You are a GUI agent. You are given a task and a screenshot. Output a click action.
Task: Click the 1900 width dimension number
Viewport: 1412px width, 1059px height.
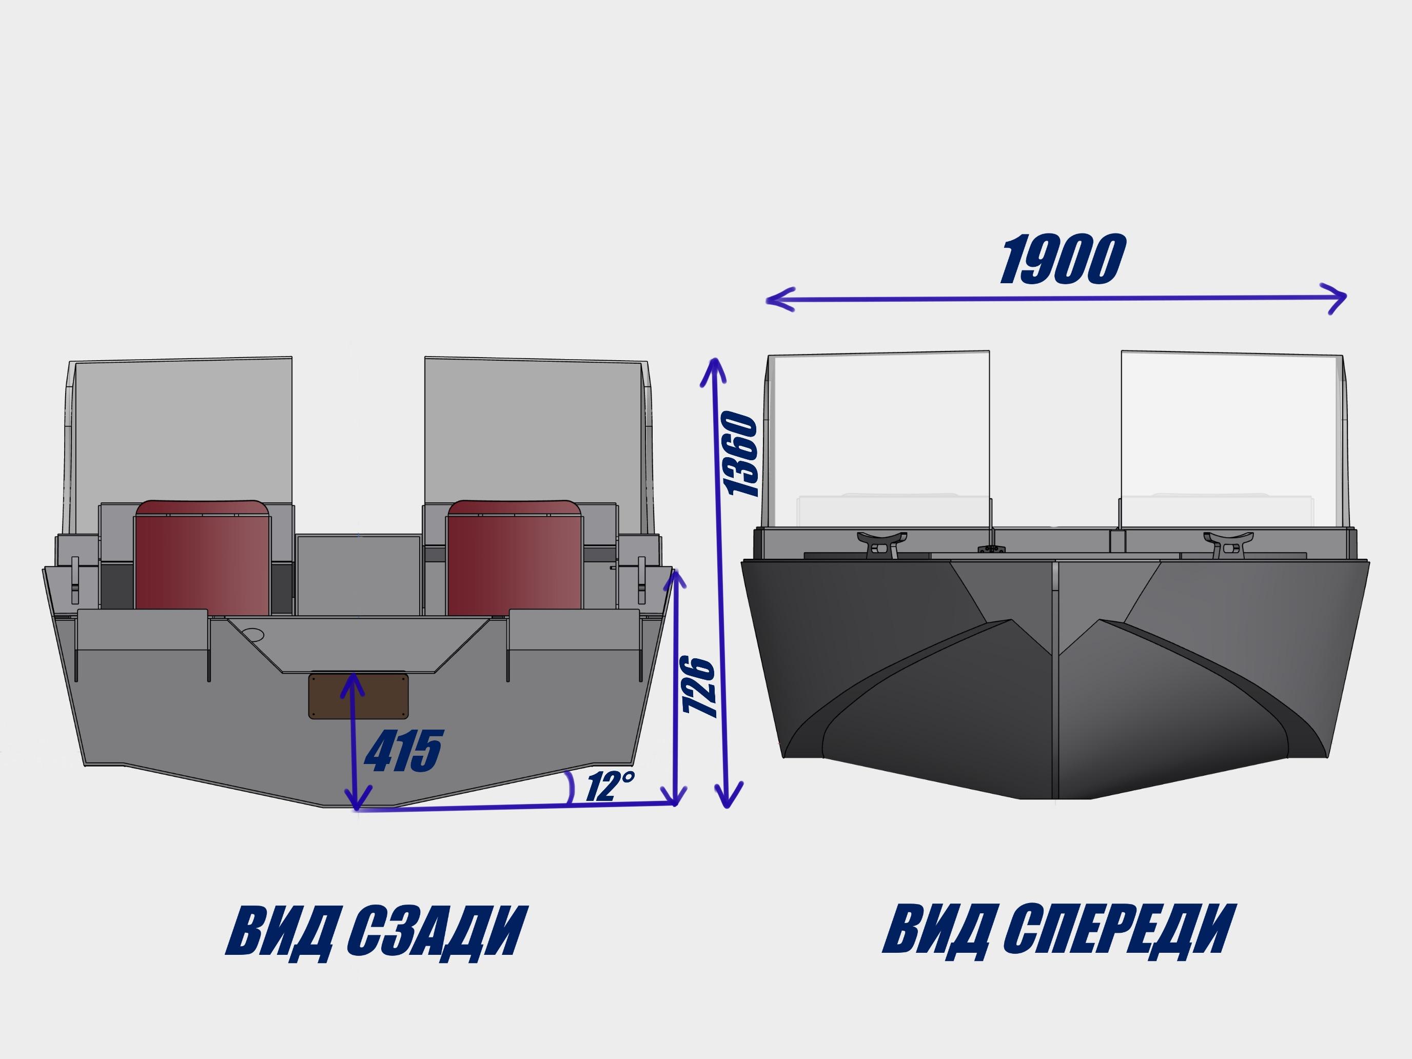click(1062, 259)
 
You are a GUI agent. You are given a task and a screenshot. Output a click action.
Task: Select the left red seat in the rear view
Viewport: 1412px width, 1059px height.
click(202, 557)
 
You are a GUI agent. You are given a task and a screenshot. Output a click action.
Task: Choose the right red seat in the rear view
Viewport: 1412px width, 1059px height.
click(515, 557)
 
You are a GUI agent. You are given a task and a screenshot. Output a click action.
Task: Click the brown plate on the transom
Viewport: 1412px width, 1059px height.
click(358, 696)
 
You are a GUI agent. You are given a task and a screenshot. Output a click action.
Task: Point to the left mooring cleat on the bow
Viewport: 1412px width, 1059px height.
click(881, 544)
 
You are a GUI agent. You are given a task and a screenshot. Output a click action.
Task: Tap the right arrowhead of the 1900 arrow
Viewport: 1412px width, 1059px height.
click(1339, 298)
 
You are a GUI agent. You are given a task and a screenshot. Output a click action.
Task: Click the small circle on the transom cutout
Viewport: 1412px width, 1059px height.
click(253, 635)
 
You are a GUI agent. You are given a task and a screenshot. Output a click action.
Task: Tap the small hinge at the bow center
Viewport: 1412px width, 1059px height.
click(991, 549)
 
